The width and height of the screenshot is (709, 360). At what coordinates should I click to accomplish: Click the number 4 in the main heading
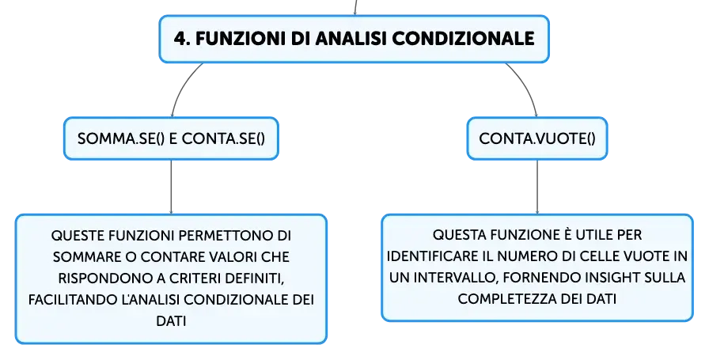[180, 39]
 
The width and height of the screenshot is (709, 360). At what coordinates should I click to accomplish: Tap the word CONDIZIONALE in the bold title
[464, 39]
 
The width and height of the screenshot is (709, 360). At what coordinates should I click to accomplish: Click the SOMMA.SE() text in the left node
[121, 138]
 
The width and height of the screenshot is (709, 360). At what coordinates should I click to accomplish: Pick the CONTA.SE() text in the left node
[223, 138]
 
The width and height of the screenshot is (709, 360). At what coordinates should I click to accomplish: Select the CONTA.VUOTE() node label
[537, 138]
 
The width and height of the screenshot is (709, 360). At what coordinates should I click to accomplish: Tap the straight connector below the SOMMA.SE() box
[171, 187]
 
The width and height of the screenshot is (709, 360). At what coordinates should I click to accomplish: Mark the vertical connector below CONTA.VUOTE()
[537, 187]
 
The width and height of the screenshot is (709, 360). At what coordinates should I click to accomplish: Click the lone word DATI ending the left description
[171, 321]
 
